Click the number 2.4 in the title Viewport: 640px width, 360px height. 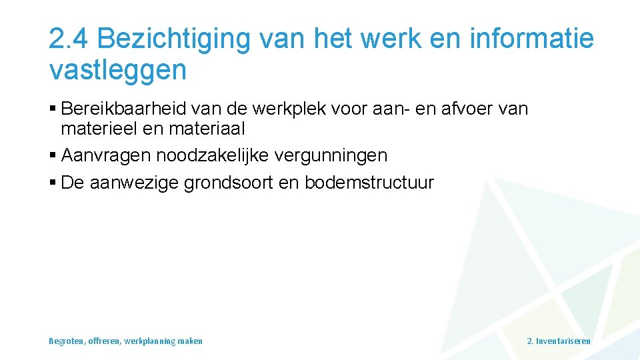tap(69, 40)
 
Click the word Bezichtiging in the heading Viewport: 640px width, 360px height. tap(173, 40)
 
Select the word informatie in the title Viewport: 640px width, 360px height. tap(531, 40)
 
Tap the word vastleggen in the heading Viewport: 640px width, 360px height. tap(118, 70)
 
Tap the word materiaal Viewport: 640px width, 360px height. tap(206, 127)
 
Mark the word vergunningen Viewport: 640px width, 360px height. tap(335, 156)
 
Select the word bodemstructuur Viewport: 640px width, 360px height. tap(369, 183)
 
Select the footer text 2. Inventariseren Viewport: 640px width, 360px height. tap(558, 341)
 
